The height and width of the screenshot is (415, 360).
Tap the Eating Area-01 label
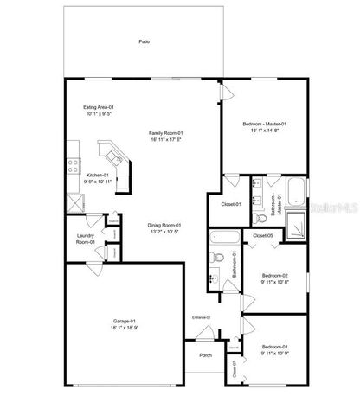click(99, 106)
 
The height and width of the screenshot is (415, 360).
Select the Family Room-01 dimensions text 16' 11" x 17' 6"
click(166, 138)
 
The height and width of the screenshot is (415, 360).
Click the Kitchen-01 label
click(99, 175)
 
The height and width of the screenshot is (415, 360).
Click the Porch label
click(205, 354)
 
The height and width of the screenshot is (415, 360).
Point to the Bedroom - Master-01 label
click(265, 124)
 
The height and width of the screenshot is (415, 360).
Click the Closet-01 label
click(221, 205)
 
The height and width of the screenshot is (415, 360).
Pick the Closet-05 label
click(263, 235)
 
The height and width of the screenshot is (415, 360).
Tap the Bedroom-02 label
click(274, 276)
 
